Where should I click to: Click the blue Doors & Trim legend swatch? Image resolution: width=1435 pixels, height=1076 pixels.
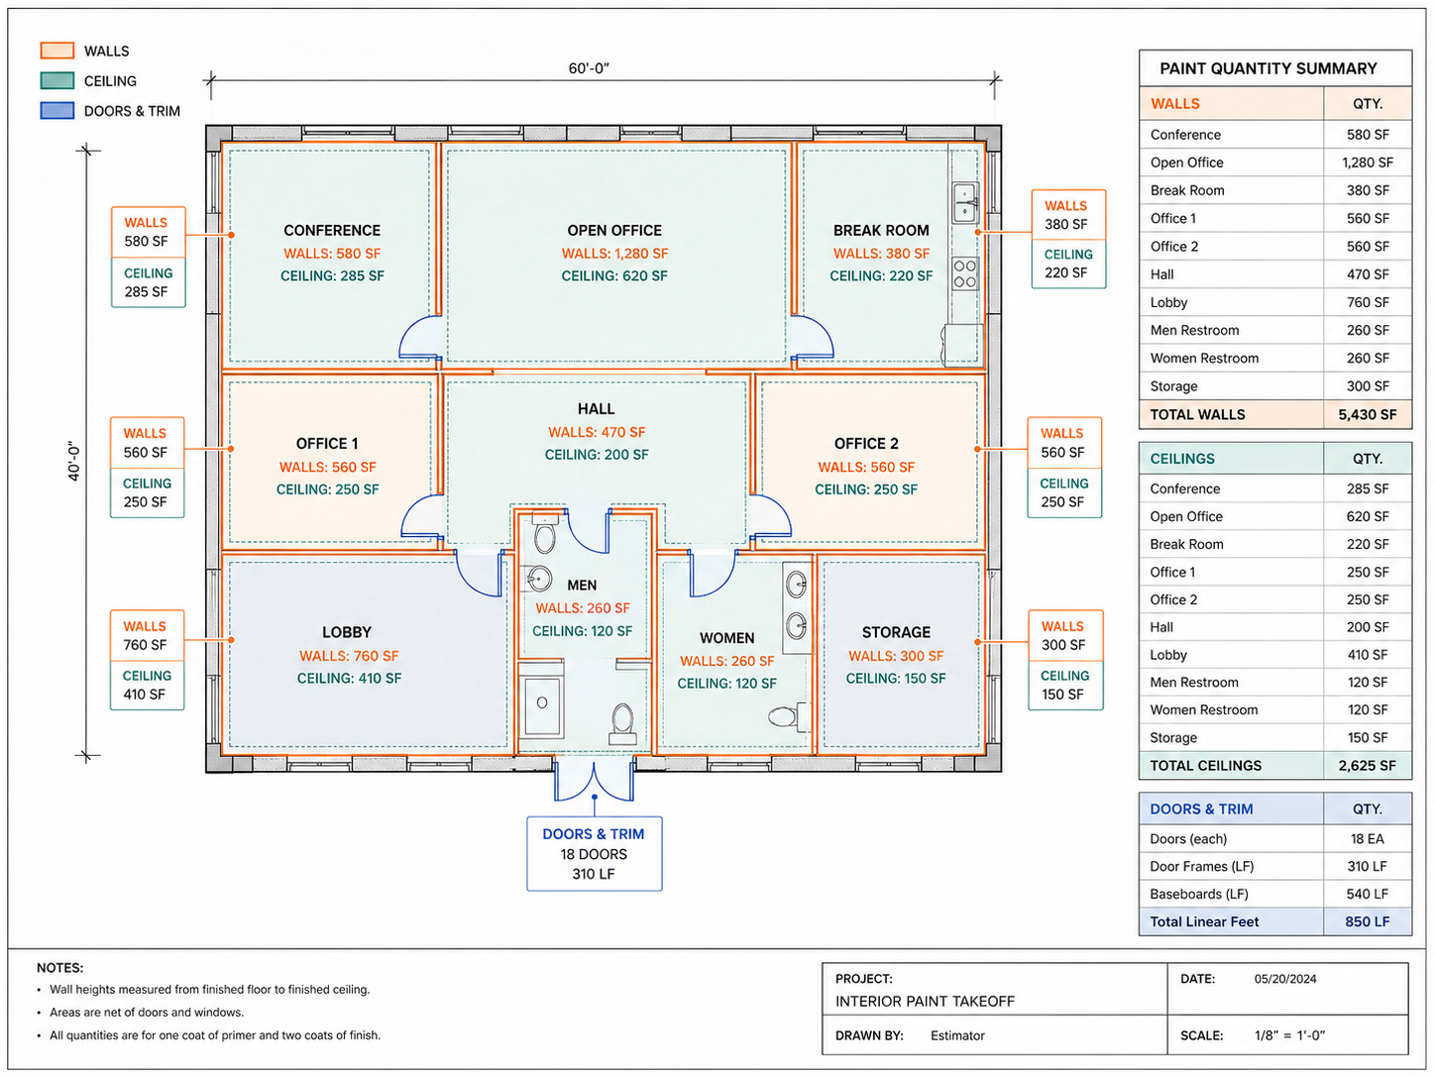56,110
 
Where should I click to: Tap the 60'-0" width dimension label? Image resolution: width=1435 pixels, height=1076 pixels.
589,68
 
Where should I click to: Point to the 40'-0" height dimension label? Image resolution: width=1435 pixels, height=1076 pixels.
74,461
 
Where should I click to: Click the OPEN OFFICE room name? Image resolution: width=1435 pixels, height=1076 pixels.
613,230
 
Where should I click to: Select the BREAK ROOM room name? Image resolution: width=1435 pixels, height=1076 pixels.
881,230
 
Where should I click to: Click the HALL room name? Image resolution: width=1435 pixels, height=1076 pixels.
596,408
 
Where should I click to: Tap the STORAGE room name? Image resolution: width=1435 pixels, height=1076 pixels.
896,632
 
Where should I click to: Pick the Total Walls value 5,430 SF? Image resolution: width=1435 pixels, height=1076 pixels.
1367,414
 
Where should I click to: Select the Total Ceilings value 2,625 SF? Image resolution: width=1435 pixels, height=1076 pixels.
1367,765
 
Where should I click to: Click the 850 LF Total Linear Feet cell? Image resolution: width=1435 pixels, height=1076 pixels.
1367,921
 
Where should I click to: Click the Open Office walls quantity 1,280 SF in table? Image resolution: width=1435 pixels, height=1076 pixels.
1367,162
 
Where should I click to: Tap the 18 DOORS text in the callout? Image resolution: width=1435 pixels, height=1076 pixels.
593,854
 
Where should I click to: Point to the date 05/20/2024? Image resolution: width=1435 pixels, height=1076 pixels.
1284,979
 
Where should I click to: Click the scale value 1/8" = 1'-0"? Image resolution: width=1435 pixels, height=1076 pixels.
1289,1035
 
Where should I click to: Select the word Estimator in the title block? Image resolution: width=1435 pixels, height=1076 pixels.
957,1035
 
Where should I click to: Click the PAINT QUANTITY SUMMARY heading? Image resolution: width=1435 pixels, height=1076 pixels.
1268,68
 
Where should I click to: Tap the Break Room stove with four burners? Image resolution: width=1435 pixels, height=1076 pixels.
965,273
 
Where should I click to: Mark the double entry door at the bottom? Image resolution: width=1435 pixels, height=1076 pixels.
594,779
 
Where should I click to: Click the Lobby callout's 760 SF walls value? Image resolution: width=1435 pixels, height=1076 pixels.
145,644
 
